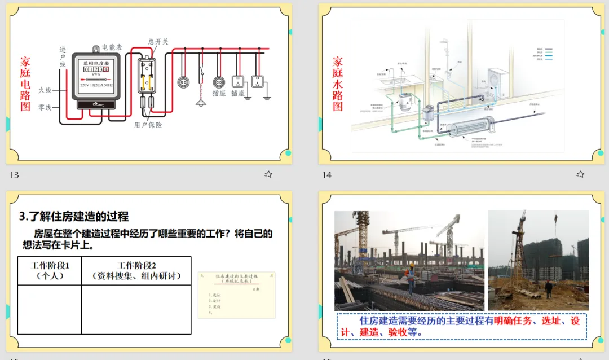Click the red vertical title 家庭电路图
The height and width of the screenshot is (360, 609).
pyautogui.click(x=25, y=83)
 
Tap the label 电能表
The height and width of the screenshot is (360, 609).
pyautogui.click(x=112, y=47)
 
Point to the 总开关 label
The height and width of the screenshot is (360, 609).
pyautogui.click(x=158, y=41)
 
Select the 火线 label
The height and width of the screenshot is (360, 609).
pyautogui.click(x=45, y=90)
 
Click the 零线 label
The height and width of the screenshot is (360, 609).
pyautogui.click(x=45, y=107)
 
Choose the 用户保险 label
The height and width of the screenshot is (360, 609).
pyautogui.click(x=148, y=125)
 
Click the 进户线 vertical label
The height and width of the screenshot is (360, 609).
pyautogui.click(x=63, y=58)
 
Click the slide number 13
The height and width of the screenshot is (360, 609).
pyautogui.click(x=14, y=175)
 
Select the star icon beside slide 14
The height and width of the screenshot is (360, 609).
pyautogui.click(x=580, y=174)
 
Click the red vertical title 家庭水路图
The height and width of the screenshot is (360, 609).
pyautogui.click(x=337, y=83)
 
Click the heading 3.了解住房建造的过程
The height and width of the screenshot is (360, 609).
pyautogui.click(x=74, y=216)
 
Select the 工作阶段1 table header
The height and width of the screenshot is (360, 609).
pyautogui.click(x=50, y=270)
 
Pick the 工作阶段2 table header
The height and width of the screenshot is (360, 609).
pyautogui.click(x=136, y=270)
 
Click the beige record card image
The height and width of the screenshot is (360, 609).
pyautogui.click(x=236, y=295)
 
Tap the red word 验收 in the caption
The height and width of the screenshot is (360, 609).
pyautogui.click(x=396, y=332)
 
